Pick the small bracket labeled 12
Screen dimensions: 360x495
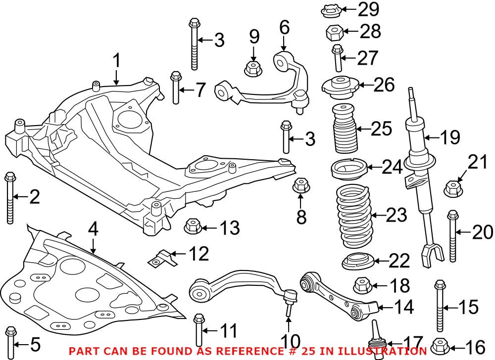tap(163, 257)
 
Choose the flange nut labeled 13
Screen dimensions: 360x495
tap(192, 227)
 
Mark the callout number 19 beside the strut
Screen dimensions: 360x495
tap(449, 137)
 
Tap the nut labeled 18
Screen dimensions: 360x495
tap(361, 285)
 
